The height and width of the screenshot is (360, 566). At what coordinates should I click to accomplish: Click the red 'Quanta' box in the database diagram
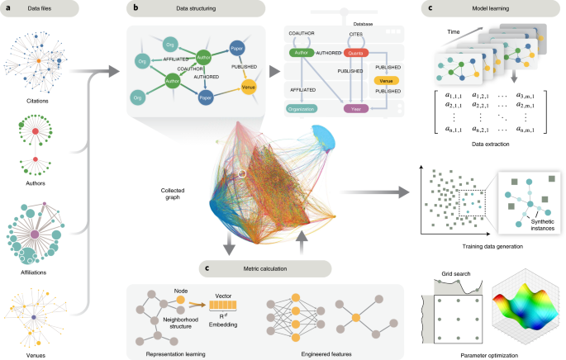[x=356, y=54]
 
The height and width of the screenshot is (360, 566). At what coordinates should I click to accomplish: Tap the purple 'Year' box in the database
[x=357, y=108]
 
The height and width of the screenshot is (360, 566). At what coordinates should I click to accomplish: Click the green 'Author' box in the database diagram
[x=299, y=54]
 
